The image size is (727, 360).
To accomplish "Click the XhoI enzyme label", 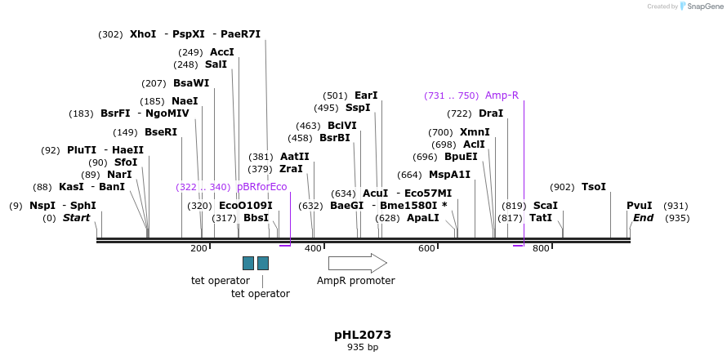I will [143, 34].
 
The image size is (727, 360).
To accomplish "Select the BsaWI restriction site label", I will [191, 83].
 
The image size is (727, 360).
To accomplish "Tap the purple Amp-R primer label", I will [502, 96].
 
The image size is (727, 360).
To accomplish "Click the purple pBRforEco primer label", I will [261, 187].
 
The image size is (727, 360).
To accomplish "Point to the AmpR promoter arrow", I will [357, 263].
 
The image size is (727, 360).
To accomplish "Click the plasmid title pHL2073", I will [363, 335].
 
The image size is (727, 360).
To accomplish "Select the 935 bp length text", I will [363, 348].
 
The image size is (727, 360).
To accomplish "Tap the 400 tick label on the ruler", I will [313, 248].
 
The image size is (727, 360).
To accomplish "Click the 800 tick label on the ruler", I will [541, 248].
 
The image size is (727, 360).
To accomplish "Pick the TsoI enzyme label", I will [594, 187].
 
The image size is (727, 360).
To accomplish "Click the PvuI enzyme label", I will [640, 206].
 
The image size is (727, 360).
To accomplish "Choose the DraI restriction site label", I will [491, 113].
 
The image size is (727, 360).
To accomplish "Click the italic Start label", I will [76, 218].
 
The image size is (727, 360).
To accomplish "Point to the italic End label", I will [644, 218].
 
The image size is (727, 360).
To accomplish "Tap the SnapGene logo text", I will [704, 7].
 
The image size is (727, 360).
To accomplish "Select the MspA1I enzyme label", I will [449, 175].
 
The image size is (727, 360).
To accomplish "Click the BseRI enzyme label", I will [161, 132].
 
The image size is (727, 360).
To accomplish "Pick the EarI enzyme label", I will [366, 96].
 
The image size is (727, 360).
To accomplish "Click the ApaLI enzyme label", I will [422, 218].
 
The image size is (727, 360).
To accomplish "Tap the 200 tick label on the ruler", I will [198, 248].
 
